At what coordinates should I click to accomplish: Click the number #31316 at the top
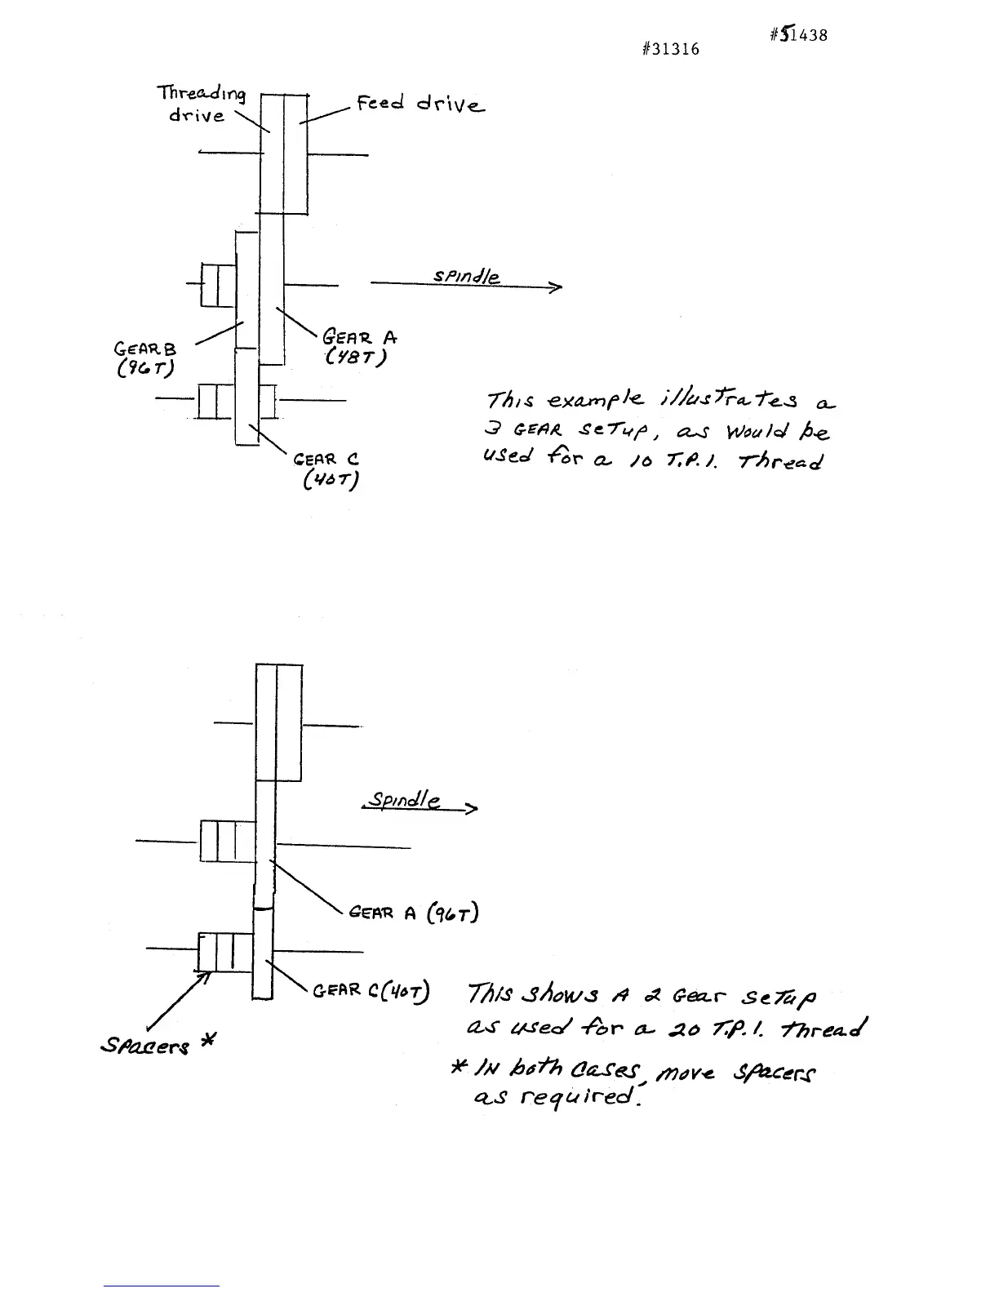point(670,49)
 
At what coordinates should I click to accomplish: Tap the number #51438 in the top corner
point(798,34)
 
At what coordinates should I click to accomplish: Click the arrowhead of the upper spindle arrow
point(557,287)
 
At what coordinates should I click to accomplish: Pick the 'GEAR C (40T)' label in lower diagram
point(372,991)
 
